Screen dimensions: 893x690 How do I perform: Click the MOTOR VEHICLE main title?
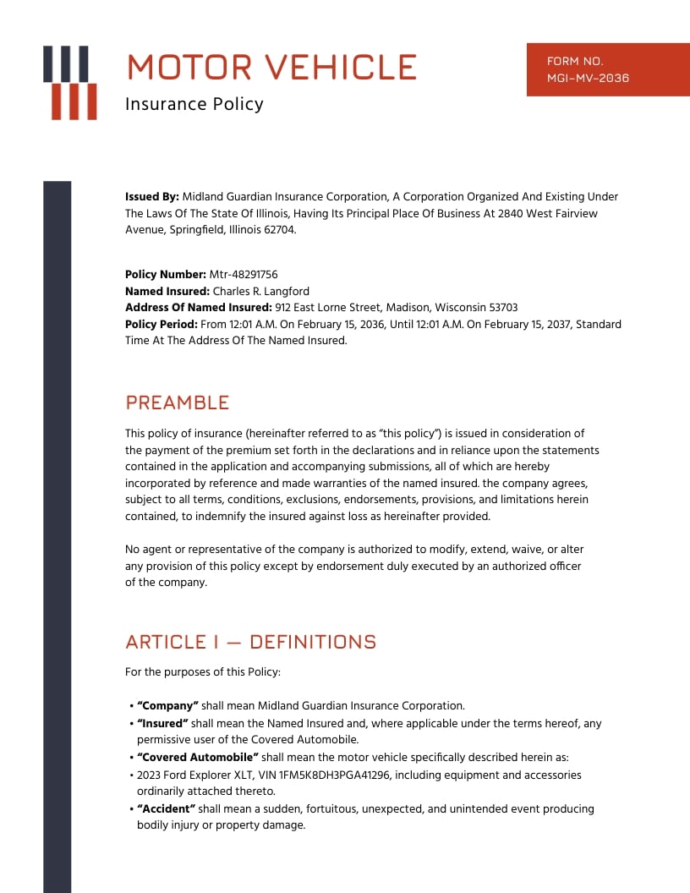(271, 67)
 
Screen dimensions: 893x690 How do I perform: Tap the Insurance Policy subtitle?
(194, 104)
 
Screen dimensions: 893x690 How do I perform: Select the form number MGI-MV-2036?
(588, 79)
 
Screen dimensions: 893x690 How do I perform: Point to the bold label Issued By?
(152, 197)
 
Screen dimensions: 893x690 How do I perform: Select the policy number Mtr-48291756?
(244, 275)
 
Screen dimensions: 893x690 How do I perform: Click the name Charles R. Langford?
(261, 292)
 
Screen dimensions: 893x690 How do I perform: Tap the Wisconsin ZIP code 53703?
(500, 308)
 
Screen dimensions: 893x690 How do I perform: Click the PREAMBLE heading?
(177, 403)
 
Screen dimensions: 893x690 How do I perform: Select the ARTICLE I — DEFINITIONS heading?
(250, 642)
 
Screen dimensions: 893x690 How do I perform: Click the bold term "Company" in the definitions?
(167, 706)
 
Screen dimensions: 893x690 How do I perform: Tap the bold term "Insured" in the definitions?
(162, 724)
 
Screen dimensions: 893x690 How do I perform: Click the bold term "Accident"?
(166, 809)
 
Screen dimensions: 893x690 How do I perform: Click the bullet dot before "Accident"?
(131, 810)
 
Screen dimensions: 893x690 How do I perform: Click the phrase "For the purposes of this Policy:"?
(202, 673)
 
